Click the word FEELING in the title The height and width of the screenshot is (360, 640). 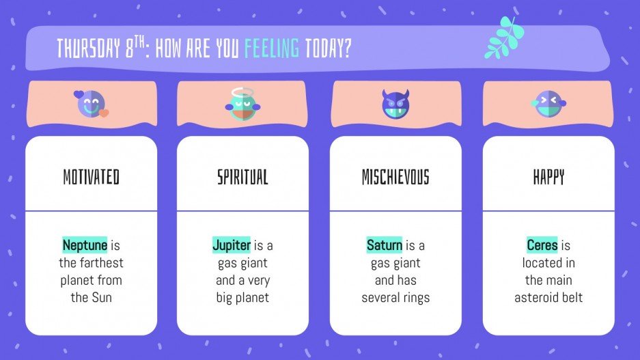(x=272, y=49)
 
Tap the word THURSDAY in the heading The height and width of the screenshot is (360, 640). (x=84, y=49)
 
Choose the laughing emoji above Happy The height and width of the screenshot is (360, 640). (x=548, y=104)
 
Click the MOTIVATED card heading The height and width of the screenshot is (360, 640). (x=91, y=178)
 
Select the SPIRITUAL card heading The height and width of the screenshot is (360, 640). (x=242, y=178)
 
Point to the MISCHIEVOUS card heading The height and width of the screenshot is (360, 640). (x=395, y=178)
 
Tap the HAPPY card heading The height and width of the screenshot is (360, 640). (x=548, y=178)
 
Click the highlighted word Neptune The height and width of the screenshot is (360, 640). (x=85, y=245)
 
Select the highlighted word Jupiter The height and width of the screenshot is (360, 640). (x=232, y=245)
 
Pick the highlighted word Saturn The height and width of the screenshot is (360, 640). (x=384, y=245)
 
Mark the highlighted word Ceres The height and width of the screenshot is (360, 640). (x=542, y=245)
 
